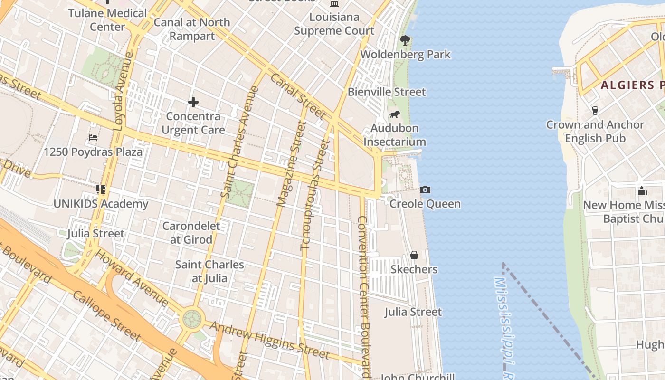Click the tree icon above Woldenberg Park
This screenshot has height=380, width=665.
[405, 40]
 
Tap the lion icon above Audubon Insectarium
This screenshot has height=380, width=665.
[394, 114]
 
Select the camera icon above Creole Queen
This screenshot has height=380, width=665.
[425, 190]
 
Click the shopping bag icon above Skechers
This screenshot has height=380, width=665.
[414, 256]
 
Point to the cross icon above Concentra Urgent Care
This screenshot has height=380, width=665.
[193, 102]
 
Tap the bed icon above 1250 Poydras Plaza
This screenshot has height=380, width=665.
[93, 138]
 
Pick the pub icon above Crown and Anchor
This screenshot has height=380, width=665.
[595, 111]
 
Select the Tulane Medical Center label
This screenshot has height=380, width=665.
[107, 19]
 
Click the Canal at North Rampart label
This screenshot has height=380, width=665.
[192, 29]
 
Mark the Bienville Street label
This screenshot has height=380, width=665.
[387, 92]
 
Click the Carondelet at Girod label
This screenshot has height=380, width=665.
[191, 233]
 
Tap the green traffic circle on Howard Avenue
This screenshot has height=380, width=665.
[192, 319]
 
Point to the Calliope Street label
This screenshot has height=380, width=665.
[106, 316]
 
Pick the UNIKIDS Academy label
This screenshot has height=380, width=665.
[101, 204]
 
